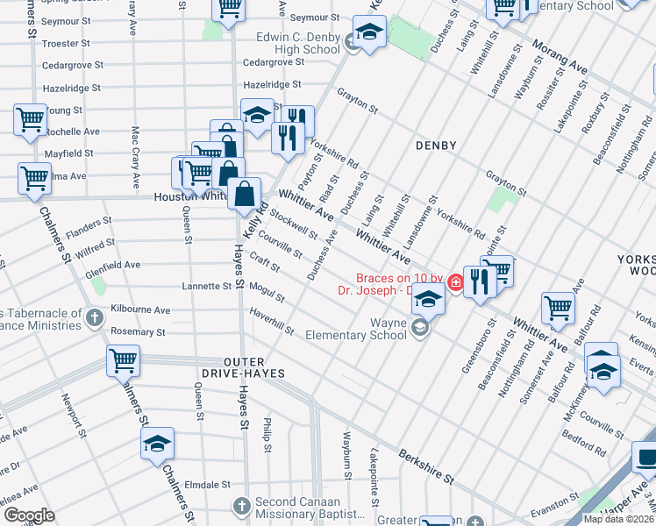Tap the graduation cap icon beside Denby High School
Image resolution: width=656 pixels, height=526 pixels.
[x=369, y=33]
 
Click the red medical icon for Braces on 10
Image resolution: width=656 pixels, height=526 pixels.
[x=455, y=281]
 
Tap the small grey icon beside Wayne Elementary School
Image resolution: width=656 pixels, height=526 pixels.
[x=419, y=328]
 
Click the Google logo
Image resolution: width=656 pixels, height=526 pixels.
[x=29, y=515]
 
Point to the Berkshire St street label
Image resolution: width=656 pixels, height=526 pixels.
[x=426, y=467]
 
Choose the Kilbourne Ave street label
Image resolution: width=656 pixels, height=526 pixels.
[x=140, y=310]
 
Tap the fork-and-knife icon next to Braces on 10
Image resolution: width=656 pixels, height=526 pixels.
[x=478, y=281]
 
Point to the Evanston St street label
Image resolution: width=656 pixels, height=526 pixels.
[x=543, y=496]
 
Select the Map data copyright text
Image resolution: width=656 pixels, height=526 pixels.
[x=618, y=519]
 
